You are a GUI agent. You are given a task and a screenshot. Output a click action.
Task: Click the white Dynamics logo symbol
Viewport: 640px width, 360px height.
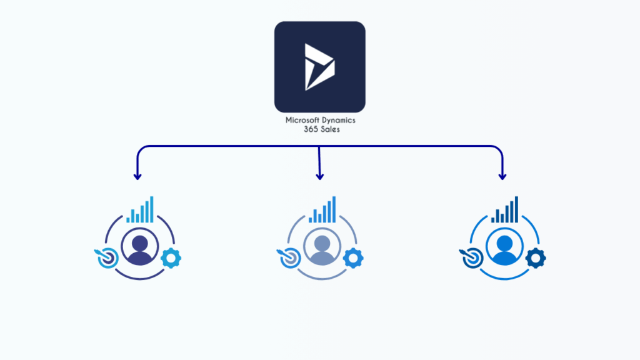point(319,67)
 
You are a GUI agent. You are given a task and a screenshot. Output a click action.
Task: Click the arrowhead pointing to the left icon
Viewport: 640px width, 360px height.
point(137,176)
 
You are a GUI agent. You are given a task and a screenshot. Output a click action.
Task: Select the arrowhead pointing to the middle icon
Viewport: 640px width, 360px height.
point(319,176)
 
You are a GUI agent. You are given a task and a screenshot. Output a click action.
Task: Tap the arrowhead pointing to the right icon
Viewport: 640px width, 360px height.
point(502,176)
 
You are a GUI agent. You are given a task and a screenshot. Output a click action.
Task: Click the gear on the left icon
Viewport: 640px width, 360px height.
point(171,257)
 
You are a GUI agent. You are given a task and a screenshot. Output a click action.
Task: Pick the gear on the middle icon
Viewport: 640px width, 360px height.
point(353,257)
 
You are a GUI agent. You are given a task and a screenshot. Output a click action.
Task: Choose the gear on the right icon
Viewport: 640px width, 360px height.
point(536,257)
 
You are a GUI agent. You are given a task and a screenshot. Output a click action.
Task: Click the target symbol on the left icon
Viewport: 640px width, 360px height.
point(104,258)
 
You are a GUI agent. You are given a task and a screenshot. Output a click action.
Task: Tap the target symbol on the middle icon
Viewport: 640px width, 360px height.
point(287,258)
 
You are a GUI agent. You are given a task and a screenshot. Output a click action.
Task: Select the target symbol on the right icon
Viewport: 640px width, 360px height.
point(469,258)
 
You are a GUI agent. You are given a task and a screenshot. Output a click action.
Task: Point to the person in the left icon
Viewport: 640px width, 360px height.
point(141,247)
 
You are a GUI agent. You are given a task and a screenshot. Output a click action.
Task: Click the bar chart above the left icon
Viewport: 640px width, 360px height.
point(141,211)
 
